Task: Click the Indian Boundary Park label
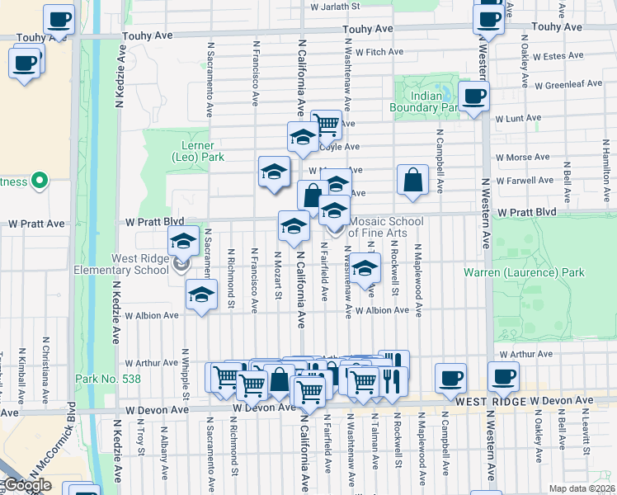coord(426,101)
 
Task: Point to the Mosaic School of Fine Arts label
coord(386,227)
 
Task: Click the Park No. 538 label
coord(107,379)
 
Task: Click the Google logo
coord(26,485)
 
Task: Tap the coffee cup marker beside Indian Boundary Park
coord(473,97)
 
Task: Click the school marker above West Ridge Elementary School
coord(183,243)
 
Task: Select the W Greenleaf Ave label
coord(568,84)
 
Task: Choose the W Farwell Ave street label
coord(523,180)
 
